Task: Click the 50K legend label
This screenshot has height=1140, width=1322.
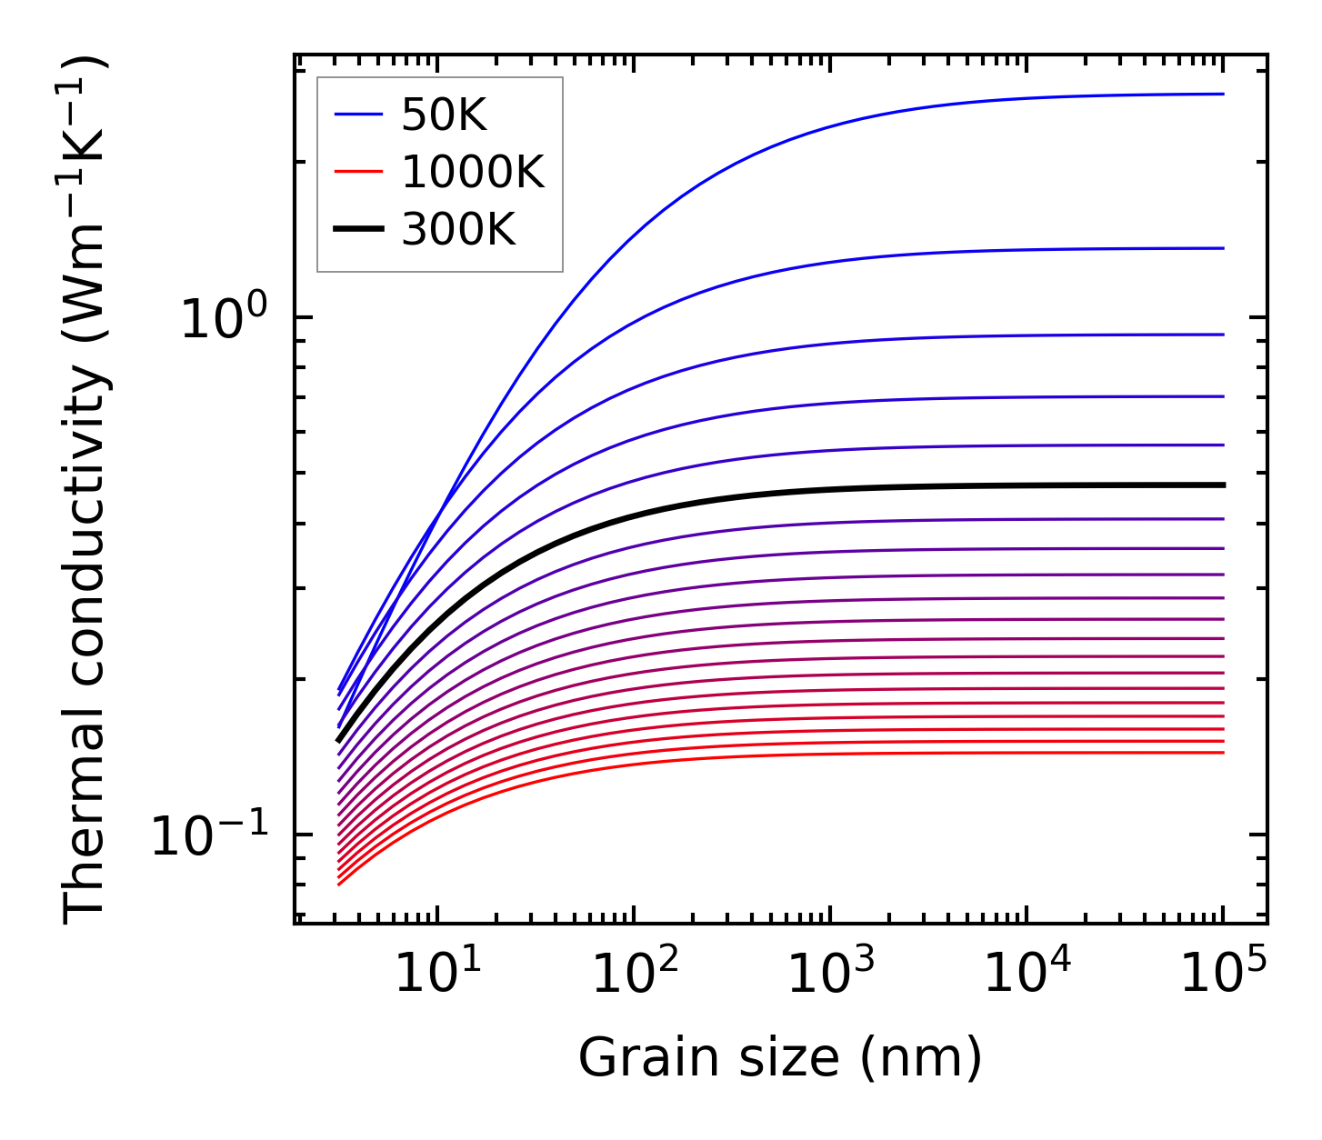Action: click(x=445, y=115)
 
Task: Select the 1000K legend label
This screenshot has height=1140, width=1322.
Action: click(x=473, y=172)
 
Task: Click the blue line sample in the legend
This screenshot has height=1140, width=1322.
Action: click(x=359, y=115)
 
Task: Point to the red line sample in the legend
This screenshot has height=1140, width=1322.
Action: click(x=359, y=172)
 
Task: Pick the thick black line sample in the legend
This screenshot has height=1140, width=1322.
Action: click(x=359, y=229)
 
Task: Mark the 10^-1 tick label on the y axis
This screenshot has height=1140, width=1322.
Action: click(x=211, y=835)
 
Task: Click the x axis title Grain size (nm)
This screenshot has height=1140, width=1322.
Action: click(x=780, y=1058)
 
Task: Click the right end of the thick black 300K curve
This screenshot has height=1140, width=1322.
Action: click(x=1223, y=485)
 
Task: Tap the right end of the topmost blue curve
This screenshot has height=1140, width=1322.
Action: click(x=1222, y=94)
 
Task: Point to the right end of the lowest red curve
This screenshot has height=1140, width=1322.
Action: click(x=1222, y=752)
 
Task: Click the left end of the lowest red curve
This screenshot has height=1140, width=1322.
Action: click(x=339, y=884)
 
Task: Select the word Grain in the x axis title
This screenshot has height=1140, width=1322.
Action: click(x=630, y=1058)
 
